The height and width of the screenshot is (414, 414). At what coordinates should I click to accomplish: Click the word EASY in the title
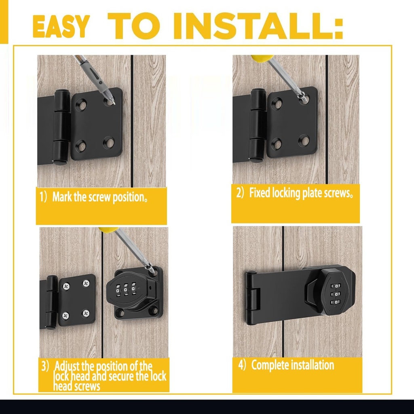(x=60, y=27)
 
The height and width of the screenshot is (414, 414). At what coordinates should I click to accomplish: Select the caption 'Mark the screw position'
(x=99, y=198)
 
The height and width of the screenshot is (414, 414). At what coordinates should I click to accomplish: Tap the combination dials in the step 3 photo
(x=125, y=289)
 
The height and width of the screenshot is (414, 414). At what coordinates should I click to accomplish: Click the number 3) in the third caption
(x=46, y=367)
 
